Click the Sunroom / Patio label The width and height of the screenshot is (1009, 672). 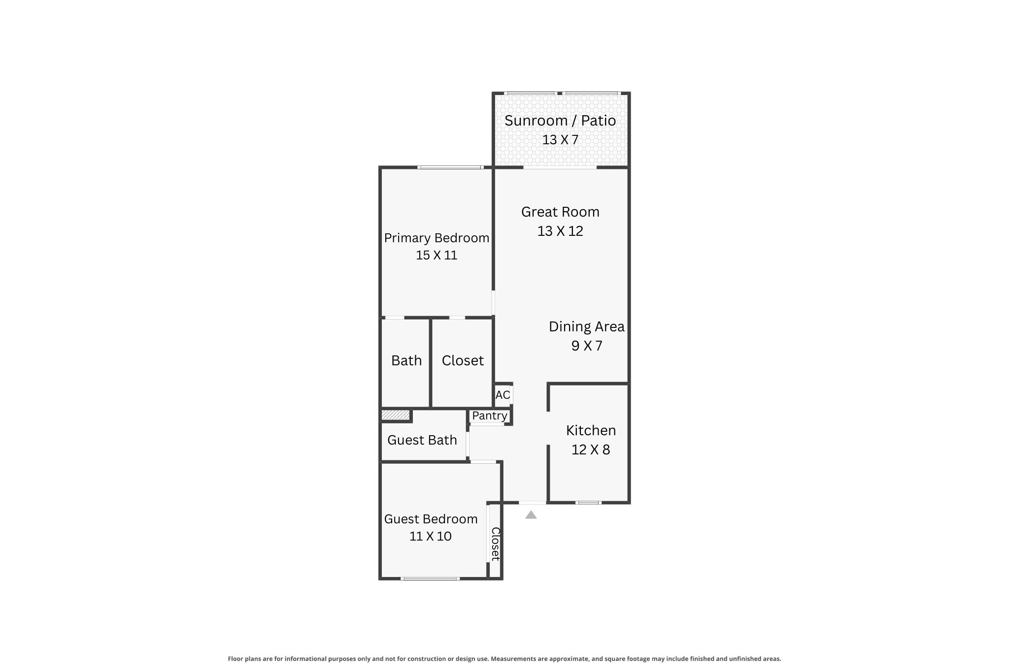[560, 121]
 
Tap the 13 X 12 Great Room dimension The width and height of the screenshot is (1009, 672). [560, 231]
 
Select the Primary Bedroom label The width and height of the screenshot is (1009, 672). [437, 238]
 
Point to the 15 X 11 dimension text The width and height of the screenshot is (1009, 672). [437, 255]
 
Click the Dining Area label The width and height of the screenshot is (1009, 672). [587, 326]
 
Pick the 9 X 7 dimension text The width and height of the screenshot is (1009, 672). [587, 346]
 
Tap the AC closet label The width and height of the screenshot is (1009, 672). [503, 395]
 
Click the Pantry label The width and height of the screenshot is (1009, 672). [489, 416]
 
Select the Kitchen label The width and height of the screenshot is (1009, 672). [591, 430]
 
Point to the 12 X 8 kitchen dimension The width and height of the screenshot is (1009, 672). [591, 449]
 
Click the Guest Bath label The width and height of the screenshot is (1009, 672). [422, 440]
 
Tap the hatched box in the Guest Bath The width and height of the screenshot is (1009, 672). [396, 416]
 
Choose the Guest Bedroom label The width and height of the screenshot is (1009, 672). [431, 519]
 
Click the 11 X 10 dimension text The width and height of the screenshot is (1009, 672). [431, 536]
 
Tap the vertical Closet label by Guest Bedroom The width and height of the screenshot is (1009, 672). [495, 544]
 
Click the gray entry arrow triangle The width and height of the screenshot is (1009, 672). [531, 515]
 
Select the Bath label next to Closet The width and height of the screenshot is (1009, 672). [406, 360]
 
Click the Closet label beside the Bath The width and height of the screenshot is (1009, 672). [463, 360]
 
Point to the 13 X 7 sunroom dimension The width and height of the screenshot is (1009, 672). [560, 140]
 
